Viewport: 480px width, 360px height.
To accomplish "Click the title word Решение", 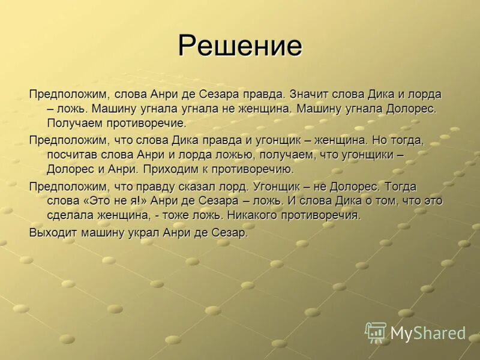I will [x=240, y=46].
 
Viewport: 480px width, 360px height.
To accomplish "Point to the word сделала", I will [x=71, y=215].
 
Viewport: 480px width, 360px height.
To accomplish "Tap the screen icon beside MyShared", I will [x=376, y=332].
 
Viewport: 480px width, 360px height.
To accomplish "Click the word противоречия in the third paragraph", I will [x=324, y=215].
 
